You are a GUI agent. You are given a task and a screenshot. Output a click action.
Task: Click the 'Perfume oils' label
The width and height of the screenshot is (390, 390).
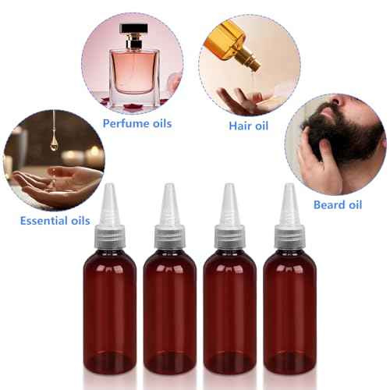coord(137,123)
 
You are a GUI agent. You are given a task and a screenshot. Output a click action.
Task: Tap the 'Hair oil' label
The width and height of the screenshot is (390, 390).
coord(248,125)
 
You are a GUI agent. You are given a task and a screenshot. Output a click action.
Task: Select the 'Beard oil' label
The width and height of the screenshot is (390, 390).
coord(337,205)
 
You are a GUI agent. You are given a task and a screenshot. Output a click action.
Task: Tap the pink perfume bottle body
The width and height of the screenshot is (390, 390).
coord(133,72)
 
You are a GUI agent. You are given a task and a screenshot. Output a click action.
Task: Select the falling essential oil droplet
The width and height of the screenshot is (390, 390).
coord(54,142)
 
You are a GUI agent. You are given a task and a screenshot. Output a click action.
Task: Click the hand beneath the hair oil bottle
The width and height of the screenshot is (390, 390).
coord(242,99)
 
